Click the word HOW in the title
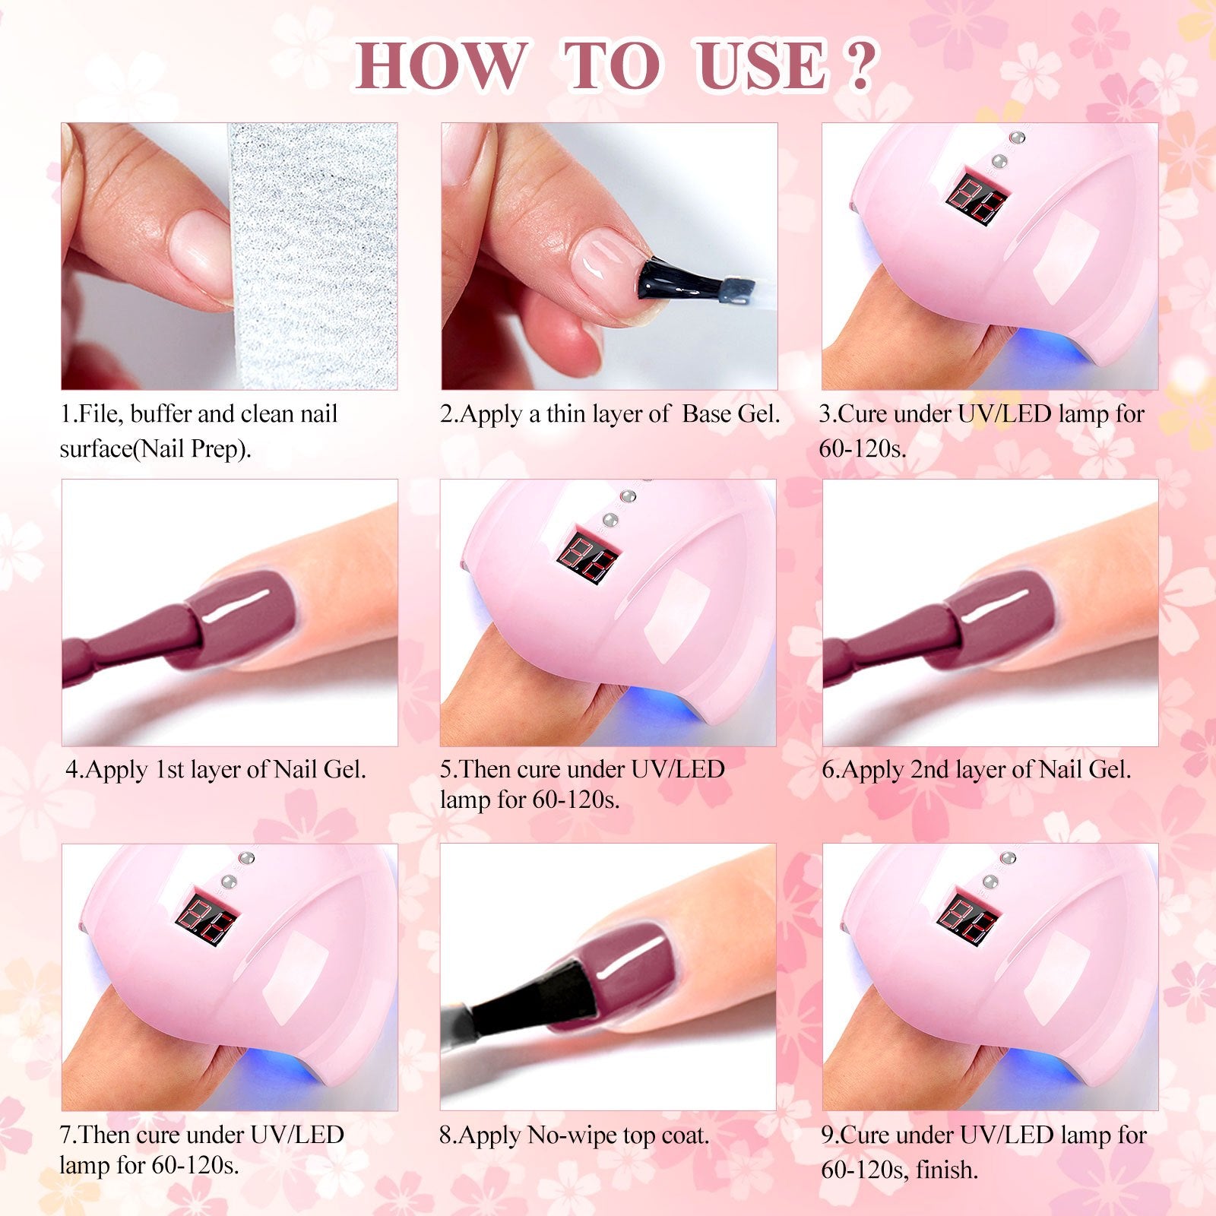442,65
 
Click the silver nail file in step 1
313,256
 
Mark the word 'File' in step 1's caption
100,414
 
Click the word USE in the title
761,65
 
